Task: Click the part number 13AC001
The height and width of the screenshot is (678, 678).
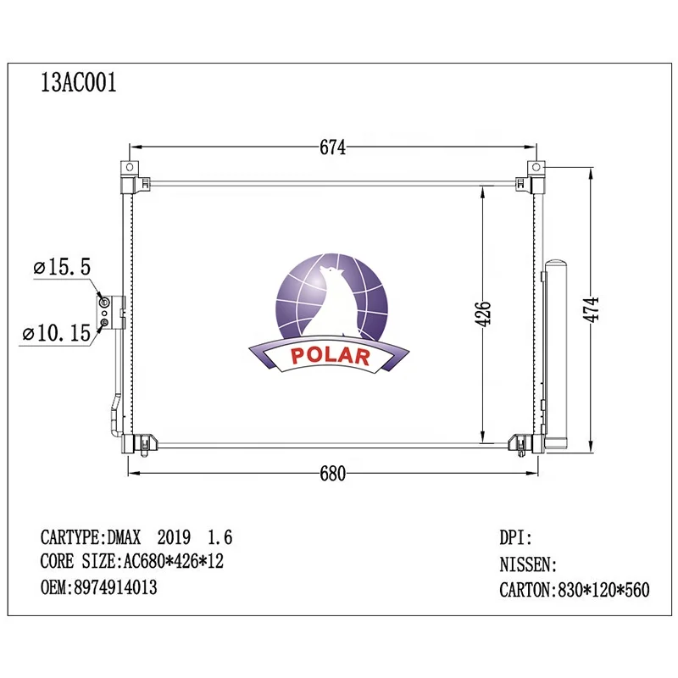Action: click(x=79, y=83)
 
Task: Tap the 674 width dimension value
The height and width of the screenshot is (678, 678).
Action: click(x=333, y=147)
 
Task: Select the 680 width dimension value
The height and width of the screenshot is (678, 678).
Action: click(x=333, y=474)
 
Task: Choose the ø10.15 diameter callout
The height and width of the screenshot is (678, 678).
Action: click(x=57, y=333)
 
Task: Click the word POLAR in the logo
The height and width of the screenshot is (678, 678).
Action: click(x=331, y=356)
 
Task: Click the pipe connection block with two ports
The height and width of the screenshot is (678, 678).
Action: click(x=105, y=312)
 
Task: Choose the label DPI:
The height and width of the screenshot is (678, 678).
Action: click(x=516, y=537)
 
